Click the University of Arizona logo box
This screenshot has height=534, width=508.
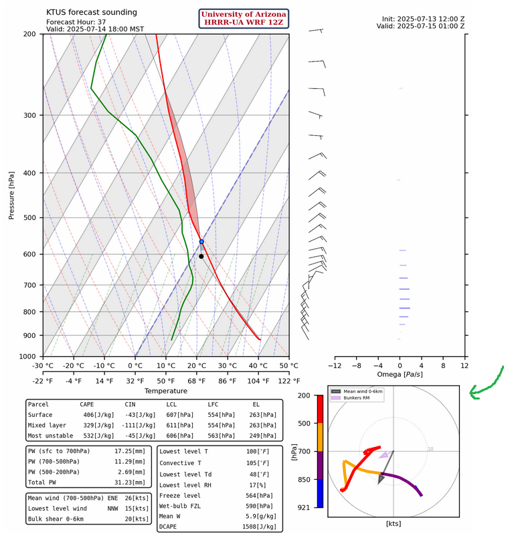point(244,19)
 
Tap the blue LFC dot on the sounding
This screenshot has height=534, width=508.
point(201,242)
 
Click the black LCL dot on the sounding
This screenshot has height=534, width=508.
point(201,256)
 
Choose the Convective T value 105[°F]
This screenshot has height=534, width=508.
point(264,463)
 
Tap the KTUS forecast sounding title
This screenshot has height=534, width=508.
point(92,12)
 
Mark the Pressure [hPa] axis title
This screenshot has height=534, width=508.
point(11,195)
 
